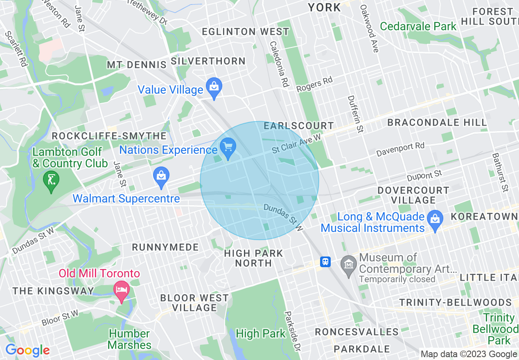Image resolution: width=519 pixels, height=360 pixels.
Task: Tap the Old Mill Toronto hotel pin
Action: click(121, 291)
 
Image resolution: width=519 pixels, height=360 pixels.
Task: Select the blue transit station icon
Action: click(325, 262)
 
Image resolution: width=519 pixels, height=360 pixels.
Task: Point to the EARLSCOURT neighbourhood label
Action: click(299, 126)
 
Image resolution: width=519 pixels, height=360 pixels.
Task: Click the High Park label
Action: click(260, 334)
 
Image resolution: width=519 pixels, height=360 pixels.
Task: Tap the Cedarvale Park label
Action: click(418, 27)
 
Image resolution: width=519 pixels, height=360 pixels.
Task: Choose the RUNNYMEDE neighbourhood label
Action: click(165, 247)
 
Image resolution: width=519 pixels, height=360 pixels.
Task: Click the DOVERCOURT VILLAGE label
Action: click(413, 195)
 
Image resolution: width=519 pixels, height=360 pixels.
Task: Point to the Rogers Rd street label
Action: click(314, 84)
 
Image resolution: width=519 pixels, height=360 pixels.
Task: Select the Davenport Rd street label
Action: click(400, 150)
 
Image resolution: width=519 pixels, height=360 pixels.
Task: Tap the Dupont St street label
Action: click(424, 176)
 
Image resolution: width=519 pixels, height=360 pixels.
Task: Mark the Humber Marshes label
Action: click(129, 339)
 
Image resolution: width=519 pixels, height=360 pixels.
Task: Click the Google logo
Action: click(27, 351)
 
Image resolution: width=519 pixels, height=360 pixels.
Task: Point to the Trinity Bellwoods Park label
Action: click(495, 329)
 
